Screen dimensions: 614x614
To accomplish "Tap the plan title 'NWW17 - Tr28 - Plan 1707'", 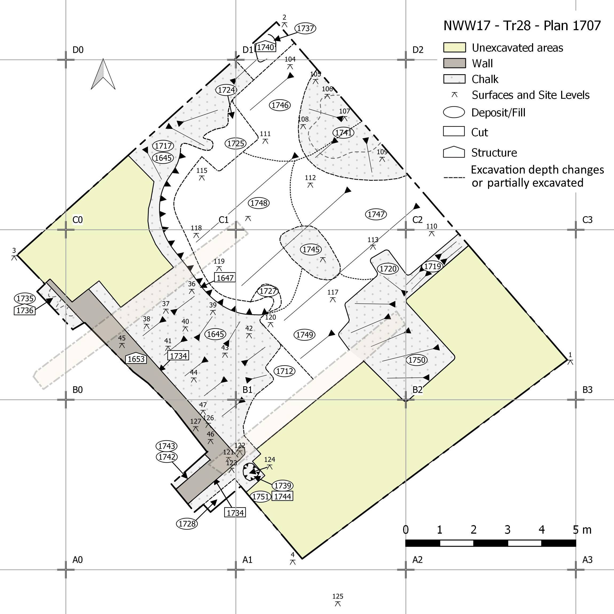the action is pyautogui.click(x=522, y=26).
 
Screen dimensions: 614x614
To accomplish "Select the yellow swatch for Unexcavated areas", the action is pyautogui.click(x=454, y=47).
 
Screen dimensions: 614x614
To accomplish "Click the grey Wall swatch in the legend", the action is pyautogui.click(x=454, y=63).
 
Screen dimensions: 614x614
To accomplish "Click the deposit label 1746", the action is pyautogui.click(x=280, y=105).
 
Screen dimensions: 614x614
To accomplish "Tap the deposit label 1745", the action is pyautogui.click(x=311, y=250).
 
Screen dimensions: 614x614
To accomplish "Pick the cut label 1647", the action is pyautogui.click(x=225, y=278).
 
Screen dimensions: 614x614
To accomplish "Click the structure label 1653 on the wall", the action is pyautogui.click(x=136, y=359).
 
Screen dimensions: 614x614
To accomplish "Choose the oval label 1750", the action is pyautogui.click(x=417, y=360).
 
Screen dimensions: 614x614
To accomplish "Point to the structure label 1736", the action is pyautogui.click(x=25, y=310).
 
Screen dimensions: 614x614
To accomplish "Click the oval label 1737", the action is pyautogui.click(x=305, y=28).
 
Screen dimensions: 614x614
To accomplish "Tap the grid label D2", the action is pyautogui.click(x=418, y=50).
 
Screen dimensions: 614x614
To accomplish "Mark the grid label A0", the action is pyautogui.click(x=77, y=560).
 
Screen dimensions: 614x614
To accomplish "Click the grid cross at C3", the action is pyautogui.click(x=576, y=230).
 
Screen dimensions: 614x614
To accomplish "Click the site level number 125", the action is pyautogui.click(x=338, y=597).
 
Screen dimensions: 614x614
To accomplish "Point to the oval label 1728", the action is pyautogui.click(x=187, y=524).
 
